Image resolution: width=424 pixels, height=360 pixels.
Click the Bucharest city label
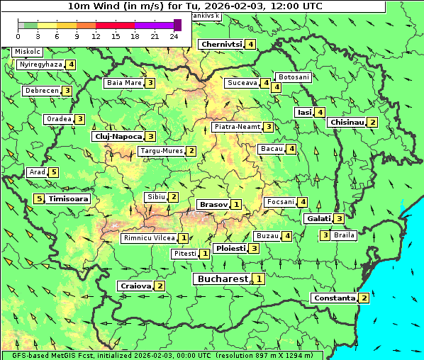221,279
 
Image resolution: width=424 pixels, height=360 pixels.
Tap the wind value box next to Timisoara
39,199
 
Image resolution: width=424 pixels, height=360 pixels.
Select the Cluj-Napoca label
118,136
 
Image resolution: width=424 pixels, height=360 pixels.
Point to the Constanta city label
334,298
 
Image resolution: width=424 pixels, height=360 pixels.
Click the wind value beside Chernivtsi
250,44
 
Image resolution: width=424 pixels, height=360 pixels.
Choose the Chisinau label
347,122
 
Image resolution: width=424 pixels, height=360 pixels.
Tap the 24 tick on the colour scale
174,36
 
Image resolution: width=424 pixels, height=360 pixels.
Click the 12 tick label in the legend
96,36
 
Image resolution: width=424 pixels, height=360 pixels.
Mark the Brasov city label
213,204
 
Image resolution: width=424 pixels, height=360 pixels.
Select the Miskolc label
27,52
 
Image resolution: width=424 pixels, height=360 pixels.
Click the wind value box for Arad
53,172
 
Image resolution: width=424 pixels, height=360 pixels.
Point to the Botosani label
294,77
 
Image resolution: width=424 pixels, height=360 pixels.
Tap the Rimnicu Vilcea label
148,238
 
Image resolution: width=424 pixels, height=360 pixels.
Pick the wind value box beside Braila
325,235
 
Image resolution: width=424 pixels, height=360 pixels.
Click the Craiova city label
135,286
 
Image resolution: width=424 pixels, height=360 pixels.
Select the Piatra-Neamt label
237,127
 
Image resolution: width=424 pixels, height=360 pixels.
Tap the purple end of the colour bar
177,25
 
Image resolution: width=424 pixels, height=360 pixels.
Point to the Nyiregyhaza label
40,64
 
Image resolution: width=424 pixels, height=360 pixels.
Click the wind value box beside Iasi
320,112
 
